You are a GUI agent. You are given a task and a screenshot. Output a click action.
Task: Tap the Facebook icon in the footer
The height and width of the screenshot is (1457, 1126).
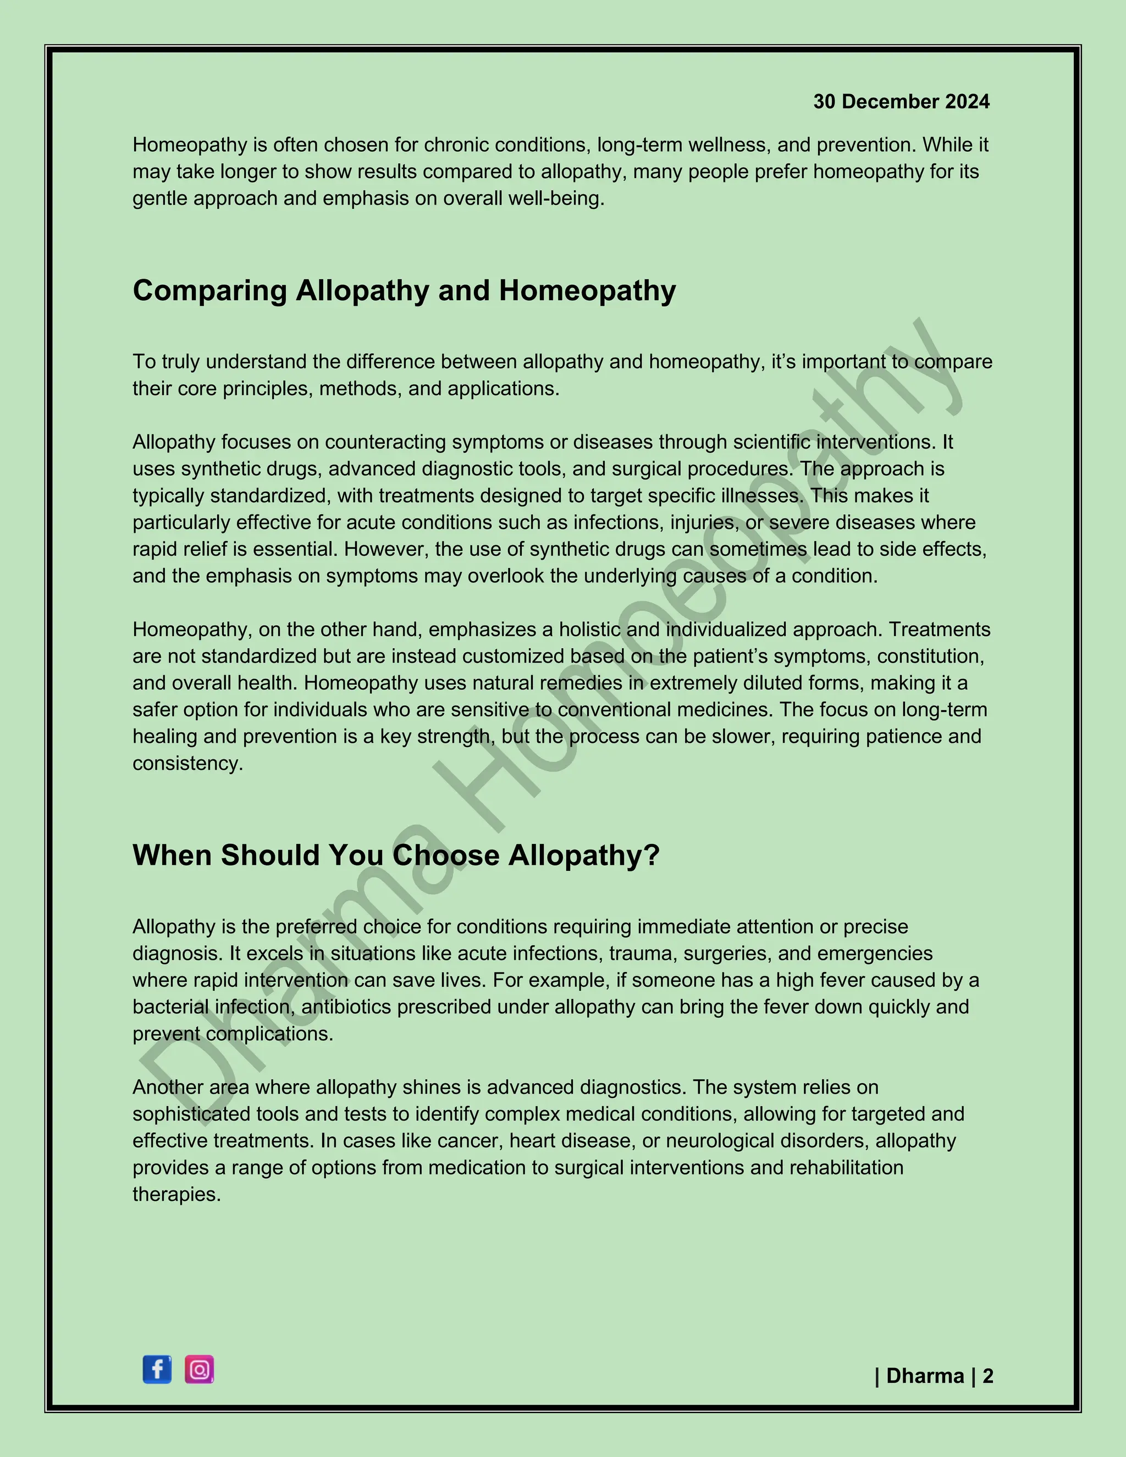click(x=157, y=1370)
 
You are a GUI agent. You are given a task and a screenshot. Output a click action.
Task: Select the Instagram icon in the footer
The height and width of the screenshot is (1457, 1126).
click(x=199, y=1370)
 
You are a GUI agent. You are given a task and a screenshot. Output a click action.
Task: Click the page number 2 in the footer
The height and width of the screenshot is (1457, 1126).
click(x=988, y=1376)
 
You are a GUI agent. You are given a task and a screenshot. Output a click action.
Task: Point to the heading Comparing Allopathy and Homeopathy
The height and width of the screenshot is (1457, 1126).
click(x=404, y=291)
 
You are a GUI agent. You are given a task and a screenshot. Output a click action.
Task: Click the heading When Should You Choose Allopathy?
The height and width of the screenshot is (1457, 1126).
click(x=395, y=856)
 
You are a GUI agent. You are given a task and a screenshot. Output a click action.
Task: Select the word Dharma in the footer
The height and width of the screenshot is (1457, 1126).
click(x=925, y=1376)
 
